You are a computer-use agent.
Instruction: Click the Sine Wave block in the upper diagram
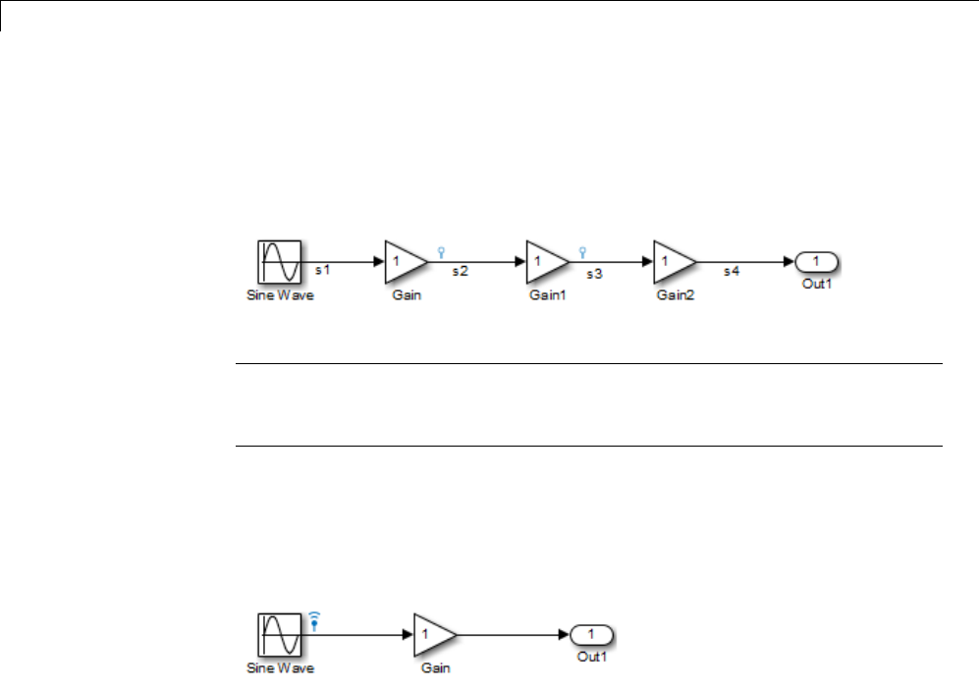[279, 261]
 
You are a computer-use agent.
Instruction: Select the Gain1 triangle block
[545, 261]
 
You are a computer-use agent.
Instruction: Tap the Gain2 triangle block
[673, 261]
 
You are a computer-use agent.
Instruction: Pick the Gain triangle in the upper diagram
[403, 261]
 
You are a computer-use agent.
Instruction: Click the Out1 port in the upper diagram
[816, 262]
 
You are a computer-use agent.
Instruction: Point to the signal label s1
[321, 267]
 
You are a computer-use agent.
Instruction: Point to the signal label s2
[459, 272]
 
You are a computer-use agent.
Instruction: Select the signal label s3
[595, 274]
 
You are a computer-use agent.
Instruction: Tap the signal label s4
[731, 272]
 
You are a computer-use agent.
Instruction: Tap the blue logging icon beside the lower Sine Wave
[314, 619]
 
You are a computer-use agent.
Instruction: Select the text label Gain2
[675, 294]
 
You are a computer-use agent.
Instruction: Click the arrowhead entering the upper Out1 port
[789, 262]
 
